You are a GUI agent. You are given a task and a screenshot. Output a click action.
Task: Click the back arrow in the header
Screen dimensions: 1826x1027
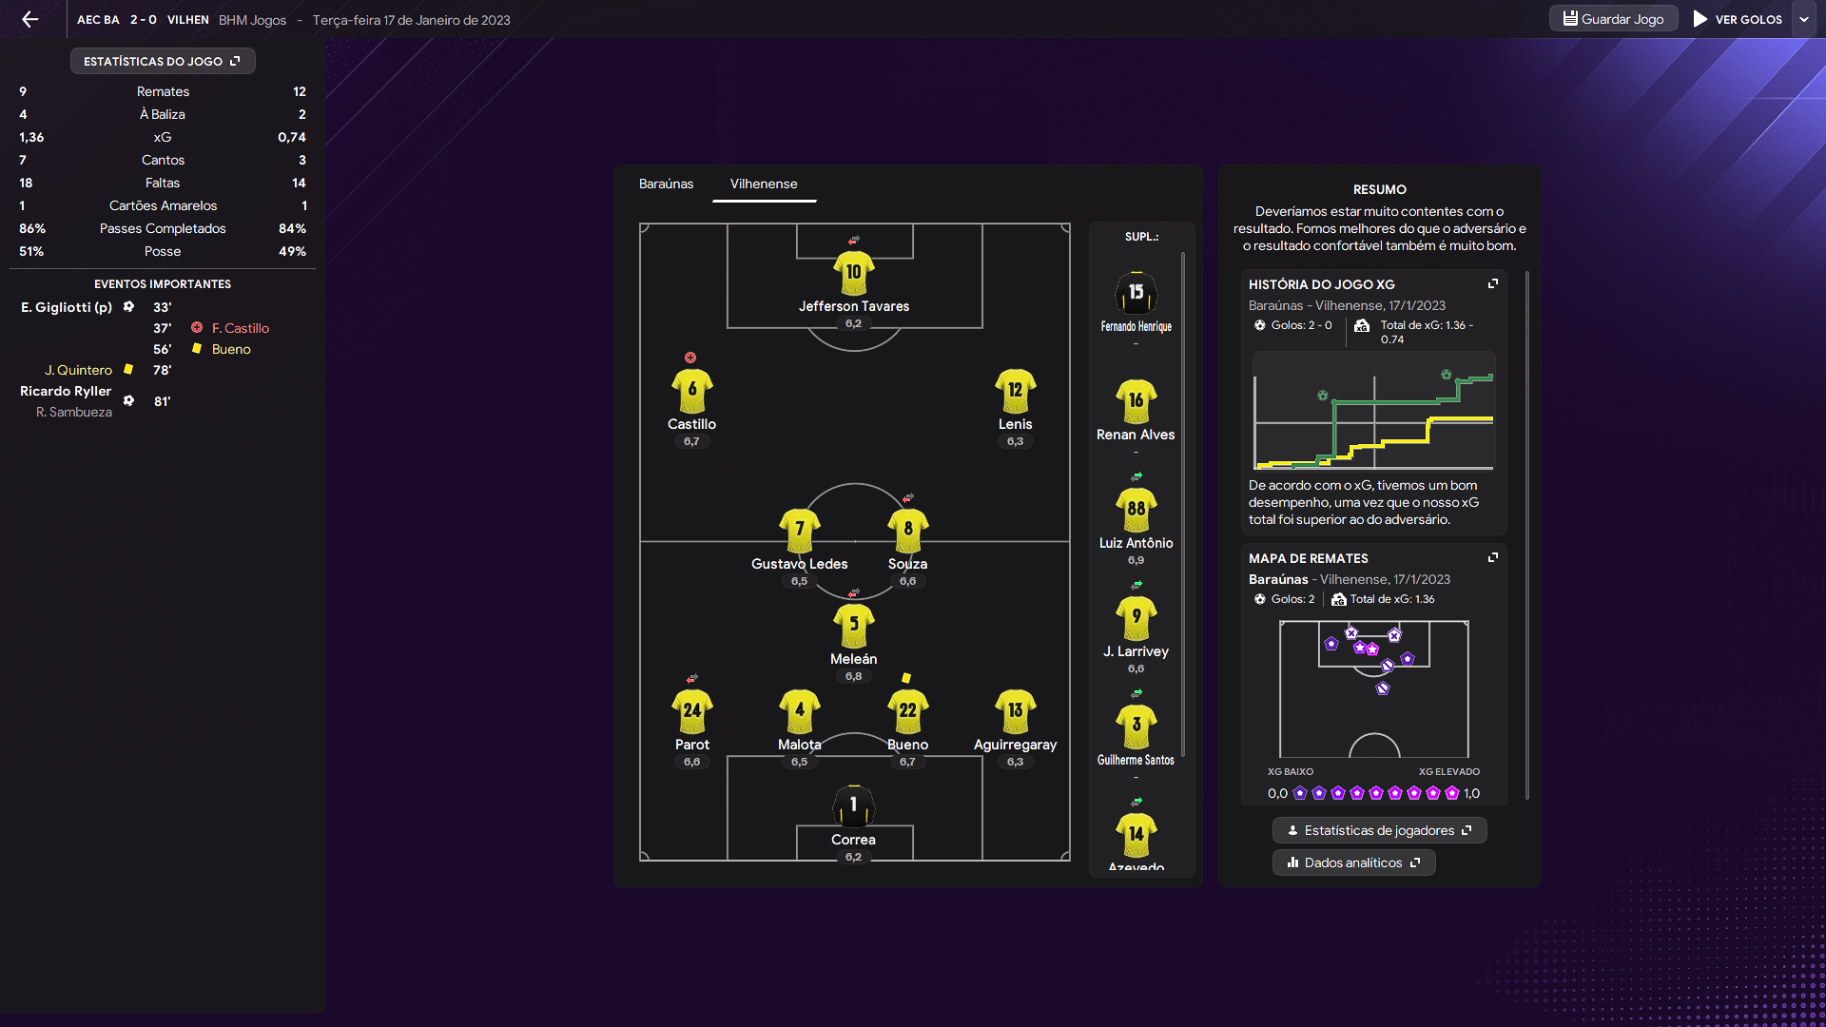coord(30,19)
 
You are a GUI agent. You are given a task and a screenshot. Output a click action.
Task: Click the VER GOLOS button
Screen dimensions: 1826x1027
coord(1738,19)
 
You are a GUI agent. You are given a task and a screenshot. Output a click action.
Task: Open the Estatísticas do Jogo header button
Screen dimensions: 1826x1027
coord(163,61)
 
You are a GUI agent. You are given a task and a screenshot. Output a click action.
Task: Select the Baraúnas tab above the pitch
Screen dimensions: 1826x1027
coord(666,184)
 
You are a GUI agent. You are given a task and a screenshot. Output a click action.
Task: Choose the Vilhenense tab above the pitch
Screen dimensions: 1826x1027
coord(764,184)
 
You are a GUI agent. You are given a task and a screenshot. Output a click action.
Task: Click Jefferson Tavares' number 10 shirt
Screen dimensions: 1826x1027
coord(854,273)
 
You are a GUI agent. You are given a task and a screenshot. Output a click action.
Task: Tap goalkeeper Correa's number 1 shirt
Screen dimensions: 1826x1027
coord(854,806)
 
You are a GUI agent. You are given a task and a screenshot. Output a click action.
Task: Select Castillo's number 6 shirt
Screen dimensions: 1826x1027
coord(692,391)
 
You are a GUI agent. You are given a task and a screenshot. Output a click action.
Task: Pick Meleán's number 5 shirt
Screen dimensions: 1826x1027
coord(854,626)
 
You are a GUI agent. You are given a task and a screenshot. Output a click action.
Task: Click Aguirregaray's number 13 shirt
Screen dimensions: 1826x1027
coord(1016,711)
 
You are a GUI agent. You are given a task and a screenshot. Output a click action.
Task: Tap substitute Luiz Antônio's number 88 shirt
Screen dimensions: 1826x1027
coord(1136,510)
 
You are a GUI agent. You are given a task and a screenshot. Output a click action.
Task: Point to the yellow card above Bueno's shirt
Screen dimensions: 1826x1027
coord(906,678)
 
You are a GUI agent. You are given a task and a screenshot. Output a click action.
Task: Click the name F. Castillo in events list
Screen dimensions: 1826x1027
coord(241,328)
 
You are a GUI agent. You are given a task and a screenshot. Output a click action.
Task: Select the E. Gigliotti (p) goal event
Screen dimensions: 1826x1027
coord(67,307)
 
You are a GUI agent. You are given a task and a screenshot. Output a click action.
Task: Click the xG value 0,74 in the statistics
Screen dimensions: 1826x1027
coord(292,137)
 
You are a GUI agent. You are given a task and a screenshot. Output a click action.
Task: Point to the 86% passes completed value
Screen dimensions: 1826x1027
coord(32,228)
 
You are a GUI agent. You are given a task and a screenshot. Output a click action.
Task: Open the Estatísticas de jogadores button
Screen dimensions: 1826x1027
coord(1379,830)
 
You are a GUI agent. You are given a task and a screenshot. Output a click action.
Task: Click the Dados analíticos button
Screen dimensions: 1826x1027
coord(1353,862)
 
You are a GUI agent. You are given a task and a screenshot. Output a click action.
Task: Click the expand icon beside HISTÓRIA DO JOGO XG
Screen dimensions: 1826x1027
coord(1493,283)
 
